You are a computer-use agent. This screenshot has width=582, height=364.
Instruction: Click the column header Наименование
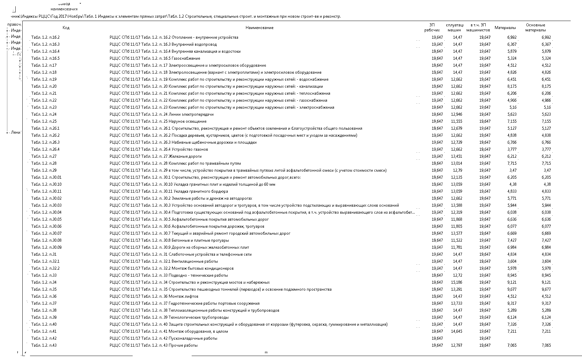pyautogui.click(x=259, y=28)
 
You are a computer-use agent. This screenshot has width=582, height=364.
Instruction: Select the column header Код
pyautogui.click(x=66, y=28)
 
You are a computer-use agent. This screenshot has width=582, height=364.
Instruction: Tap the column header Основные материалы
pyautogui.click(x=535, y=28)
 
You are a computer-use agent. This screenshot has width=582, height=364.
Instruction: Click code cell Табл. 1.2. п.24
pyautogui.click(x=44, y=114)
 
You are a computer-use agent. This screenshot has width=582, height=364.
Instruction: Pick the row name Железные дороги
pyautogui.click(x=185, y=156)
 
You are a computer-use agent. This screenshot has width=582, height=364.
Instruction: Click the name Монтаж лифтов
pyautogui.click(x=183, y=296)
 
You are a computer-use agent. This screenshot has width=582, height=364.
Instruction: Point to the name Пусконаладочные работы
pyautogui.click(x=193, y=338)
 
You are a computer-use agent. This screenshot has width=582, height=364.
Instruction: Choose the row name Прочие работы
pyautogui.click(x=183, y=345)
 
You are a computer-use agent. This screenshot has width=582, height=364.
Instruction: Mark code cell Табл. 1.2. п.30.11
pyautogui.click(x=46, y=191)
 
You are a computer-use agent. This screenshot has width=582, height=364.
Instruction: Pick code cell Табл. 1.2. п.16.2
pyautogui.click(x=45, y=37)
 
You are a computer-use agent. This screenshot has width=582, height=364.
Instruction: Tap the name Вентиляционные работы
pyautogui.click(x=193, y=261)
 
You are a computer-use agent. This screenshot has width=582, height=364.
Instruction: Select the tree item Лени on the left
pyautogui.click(x=16, y=132)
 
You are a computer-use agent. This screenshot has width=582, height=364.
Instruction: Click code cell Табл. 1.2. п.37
pyautogui.click(x=44, y=303)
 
